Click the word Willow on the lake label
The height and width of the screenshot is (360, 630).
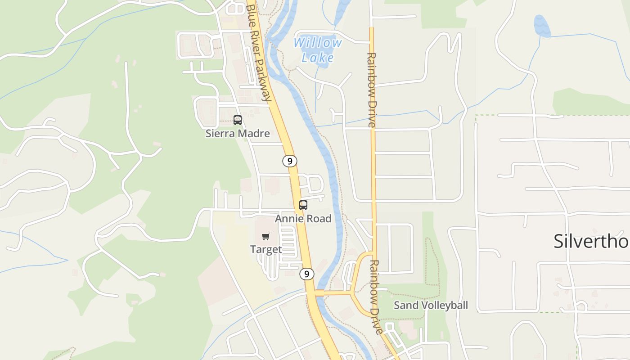318,43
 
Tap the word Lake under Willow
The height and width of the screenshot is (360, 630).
318,58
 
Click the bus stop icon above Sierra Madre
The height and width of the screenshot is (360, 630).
238,120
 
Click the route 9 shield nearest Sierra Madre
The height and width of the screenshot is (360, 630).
290,161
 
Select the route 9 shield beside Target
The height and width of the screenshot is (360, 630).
306,274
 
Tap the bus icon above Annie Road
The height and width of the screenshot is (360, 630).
303,205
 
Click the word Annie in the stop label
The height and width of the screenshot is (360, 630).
288,219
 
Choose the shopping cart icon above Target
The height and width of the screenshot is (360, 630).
266,236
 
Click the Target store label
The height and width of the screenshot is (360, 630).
266,249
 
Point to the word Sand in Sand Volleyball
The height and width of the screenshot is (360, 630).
404,305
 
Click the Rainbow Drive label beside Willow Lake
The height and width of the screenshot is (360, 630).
371,90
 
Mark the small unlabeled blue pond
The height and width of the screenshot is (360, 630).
542,26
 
